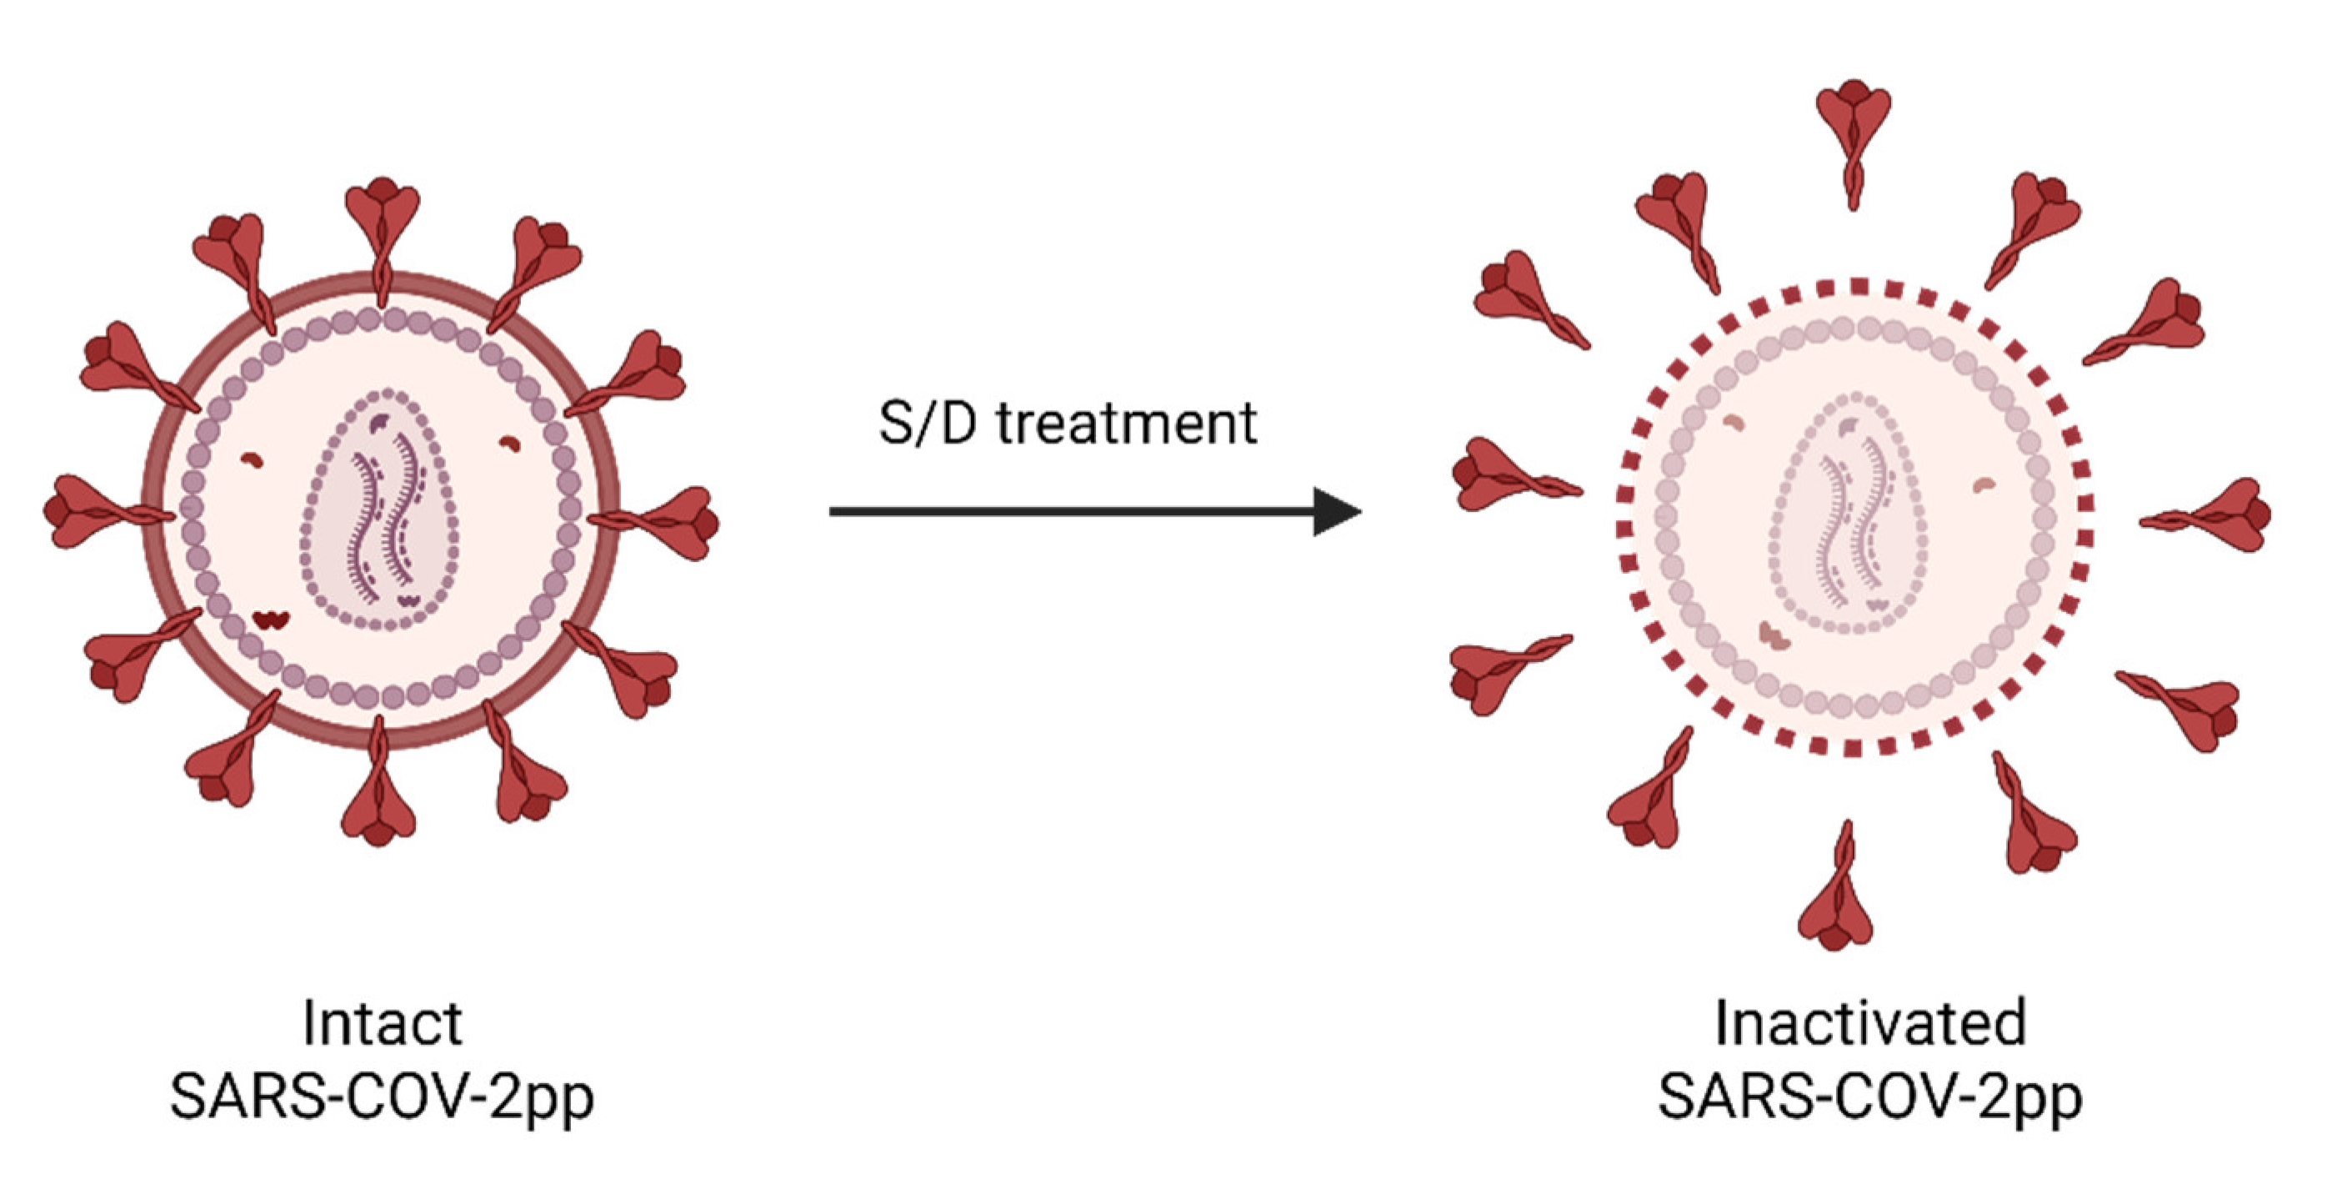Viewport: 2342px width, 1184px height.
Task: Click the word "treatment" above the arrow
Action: coord(1127,424)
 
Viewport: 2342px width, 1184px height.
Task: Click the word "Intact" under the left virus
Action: coord(382,1023)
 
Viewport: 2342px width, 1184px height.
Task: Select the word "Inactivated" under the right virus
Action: coord(1870,1023)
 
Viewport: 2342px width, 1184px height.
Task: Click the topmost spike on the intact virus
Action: coord(383,218)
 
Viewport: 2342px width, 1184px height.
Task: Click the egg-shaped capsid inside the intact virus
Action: coord(380,509)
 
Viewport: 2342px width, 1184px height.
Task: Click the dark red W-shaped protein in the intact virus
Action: coord(271,620)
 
